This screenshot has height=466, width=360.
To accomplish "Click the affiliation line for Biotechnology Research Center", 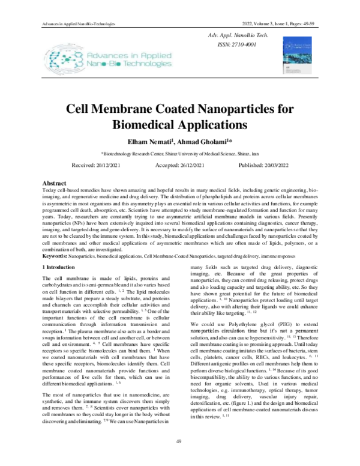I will click(x=179, y=154).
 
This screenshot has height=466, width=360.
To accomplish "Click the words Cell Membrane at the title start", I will click(x=120, y=110).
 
